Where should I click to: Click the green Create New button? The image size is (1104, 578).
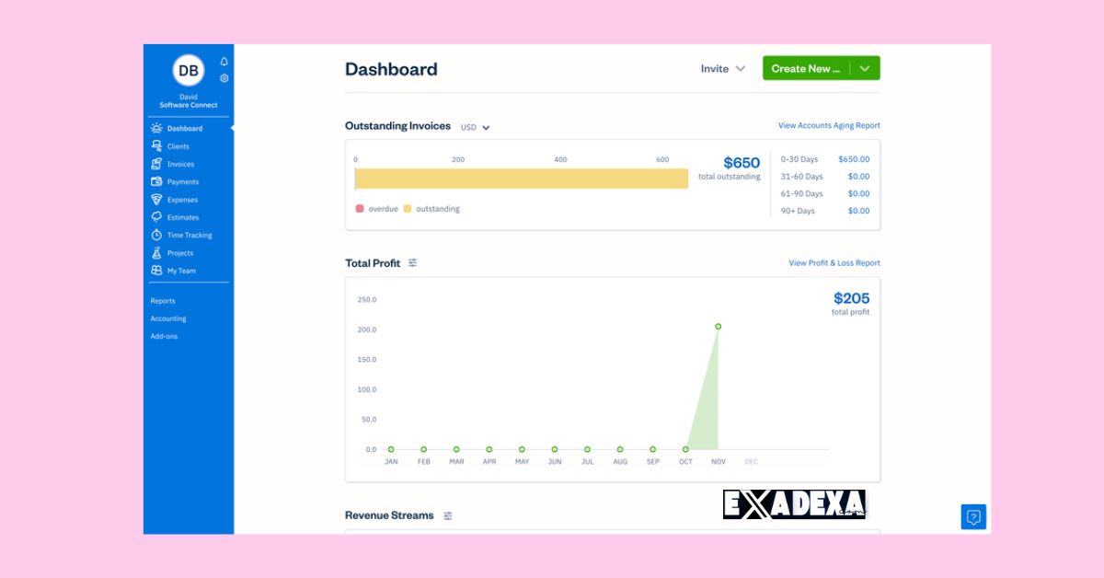tap(806, 69)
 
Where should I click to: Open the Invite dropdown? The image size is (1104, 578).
tap(722, 69)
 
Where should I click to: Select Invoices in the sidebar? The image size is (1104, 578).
tap(180, 164)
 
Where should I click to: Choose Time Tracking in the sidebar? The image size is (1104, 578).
tap(189, 236)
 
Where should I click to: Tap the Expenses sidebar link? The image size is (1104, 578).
tap(182, 200)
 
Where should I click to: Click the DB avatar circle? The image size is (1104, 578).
tap(189, 71)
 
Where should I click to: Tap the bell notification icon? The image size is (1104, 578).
tap(224, 62)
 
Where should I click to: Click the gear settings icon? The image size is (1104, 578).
tap(224, 78)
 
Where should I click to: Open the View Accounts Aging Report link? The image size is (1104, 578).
tap(829, 125)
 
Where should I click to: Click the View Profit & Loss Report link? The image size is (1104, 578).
tap(834, 263)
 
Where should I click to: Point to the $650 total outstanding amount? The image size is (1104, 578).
tap(742, 163)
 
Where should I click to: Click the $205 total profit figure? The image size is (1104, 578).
tap(851, 298)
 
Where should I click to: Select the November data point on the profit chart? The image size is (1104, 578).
tap(719, 327)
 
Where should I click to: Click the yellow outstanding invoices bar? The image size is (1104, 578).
tap(522, 179)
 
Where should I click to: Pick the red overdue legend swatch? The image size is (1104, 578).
tap(360, 209)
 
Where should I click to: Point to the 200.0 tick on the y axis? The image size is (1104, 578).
tap(366, 329)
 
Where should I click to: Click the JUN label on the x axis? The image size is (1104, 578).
tap(555, 462)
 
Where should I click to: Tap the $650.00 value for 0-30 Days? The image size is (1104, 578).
tap(854, 159)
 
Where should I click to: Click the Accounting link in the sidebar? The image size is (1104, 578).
tap(168, 318)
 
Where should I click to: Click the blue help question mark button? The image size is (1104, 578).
tap(973, 517)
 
